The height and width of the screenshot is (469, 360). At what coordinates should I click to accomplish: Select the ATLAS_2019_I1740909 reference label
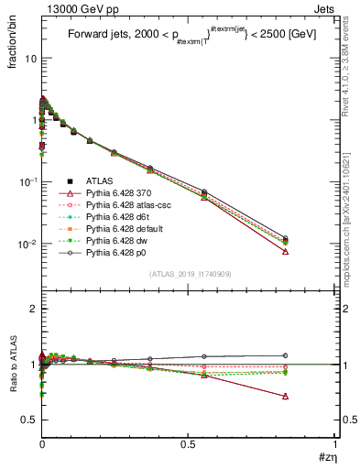click(x=191, y=275)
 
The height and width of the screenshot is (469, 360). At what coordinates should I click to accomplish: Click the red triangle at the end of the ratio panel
click(x=285, y=397)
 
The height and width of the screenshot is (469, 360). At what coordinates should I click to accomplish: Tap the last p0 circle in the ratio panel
click(x=285, y=355)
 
